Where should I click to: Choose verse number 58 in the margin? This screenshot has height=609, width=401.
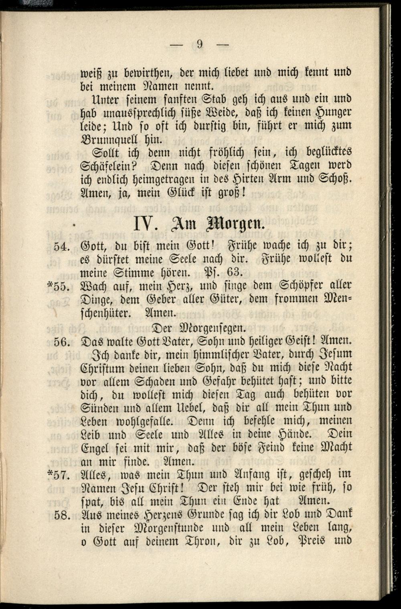(63, 516)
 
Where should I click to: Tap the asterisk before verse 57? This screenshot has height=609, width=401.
(50, 474)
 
